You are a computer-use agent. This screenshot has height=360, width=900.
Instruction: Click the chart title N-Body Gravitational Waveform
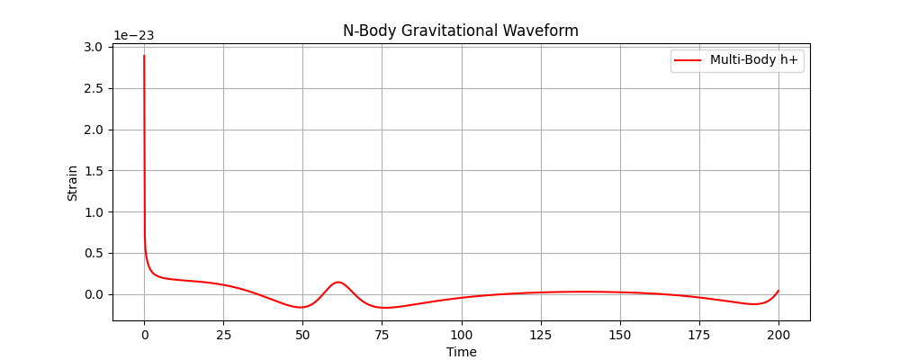click(460, 31)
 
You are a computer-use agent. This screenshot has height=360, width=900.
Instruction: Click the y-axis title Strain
click(72, 184)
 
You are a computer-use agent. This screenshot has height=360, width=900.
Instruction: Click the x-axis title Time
click(461, 352)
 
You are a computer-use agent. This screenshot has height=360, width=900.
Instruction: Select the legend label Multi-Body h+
click(755, 60)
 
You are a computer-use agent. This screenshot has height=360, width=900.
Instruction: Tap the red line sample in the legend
click(688, 60)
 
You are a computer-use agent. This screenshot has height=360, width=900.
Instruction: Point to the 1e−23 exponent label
click(134, 36)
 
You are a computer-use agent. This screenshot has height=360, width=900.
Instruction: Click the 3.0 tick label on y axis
click(94, 47)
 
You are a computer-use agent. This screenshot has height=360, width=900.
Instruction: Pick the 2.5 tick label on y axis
click(94, 88)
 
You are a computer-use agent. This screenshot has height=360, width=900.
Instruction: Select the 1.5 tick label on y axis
click(94, 171)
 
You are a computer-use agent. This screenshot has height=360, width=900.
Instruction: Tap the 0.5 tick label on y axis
click(94, 253)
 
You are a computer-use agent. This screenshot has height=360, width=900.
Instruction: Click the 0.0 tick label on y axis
click(94, 294)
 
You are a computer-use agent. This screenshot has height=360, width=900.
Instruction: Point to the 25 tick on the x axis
click(223, 335)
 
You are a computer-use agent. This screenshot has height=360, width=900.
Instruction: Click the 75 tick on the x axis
click(382, 335)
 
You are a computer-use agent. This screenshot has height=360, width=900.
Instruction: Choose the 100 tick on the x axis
click(461, 335)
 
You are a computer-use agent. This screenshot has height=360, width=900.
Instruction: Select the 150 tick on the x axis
click(620, 335)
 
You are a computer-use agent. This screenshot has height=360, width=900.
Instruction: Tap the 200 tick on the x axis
click(778, 335)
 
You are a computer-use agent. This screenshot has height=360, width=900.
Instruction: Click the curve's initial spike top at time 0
click(144, 56)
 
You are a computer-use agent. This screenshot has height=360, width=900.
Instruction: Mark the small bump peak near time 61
click(337, 283)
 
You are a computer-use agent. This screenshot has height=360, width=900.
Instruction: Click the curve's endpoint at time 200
click(778, 291)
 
